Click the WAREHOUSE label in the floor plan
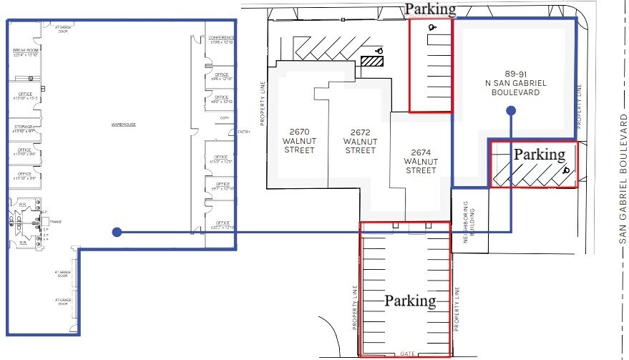(123, 125)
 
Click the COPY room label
(224, 117)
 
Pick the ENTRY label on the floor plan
(244, 132)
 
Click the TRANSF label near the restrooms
(56, 222)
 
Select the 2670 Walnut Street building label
(299, 141)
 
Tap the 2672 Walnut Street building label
(360, 141)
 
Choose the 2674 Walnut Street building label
(420, 161)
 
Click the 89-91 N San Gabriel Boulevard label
(515, 83)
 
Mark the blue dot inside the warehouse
(117, 232)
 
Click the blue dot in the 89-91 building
(510, 111)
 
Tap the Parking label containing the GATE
(410, 301)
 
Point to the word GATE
(408, 354)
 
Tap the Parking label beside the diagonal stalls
(540, 154)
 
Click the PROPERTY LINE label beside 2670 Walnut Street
(263, 103)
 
